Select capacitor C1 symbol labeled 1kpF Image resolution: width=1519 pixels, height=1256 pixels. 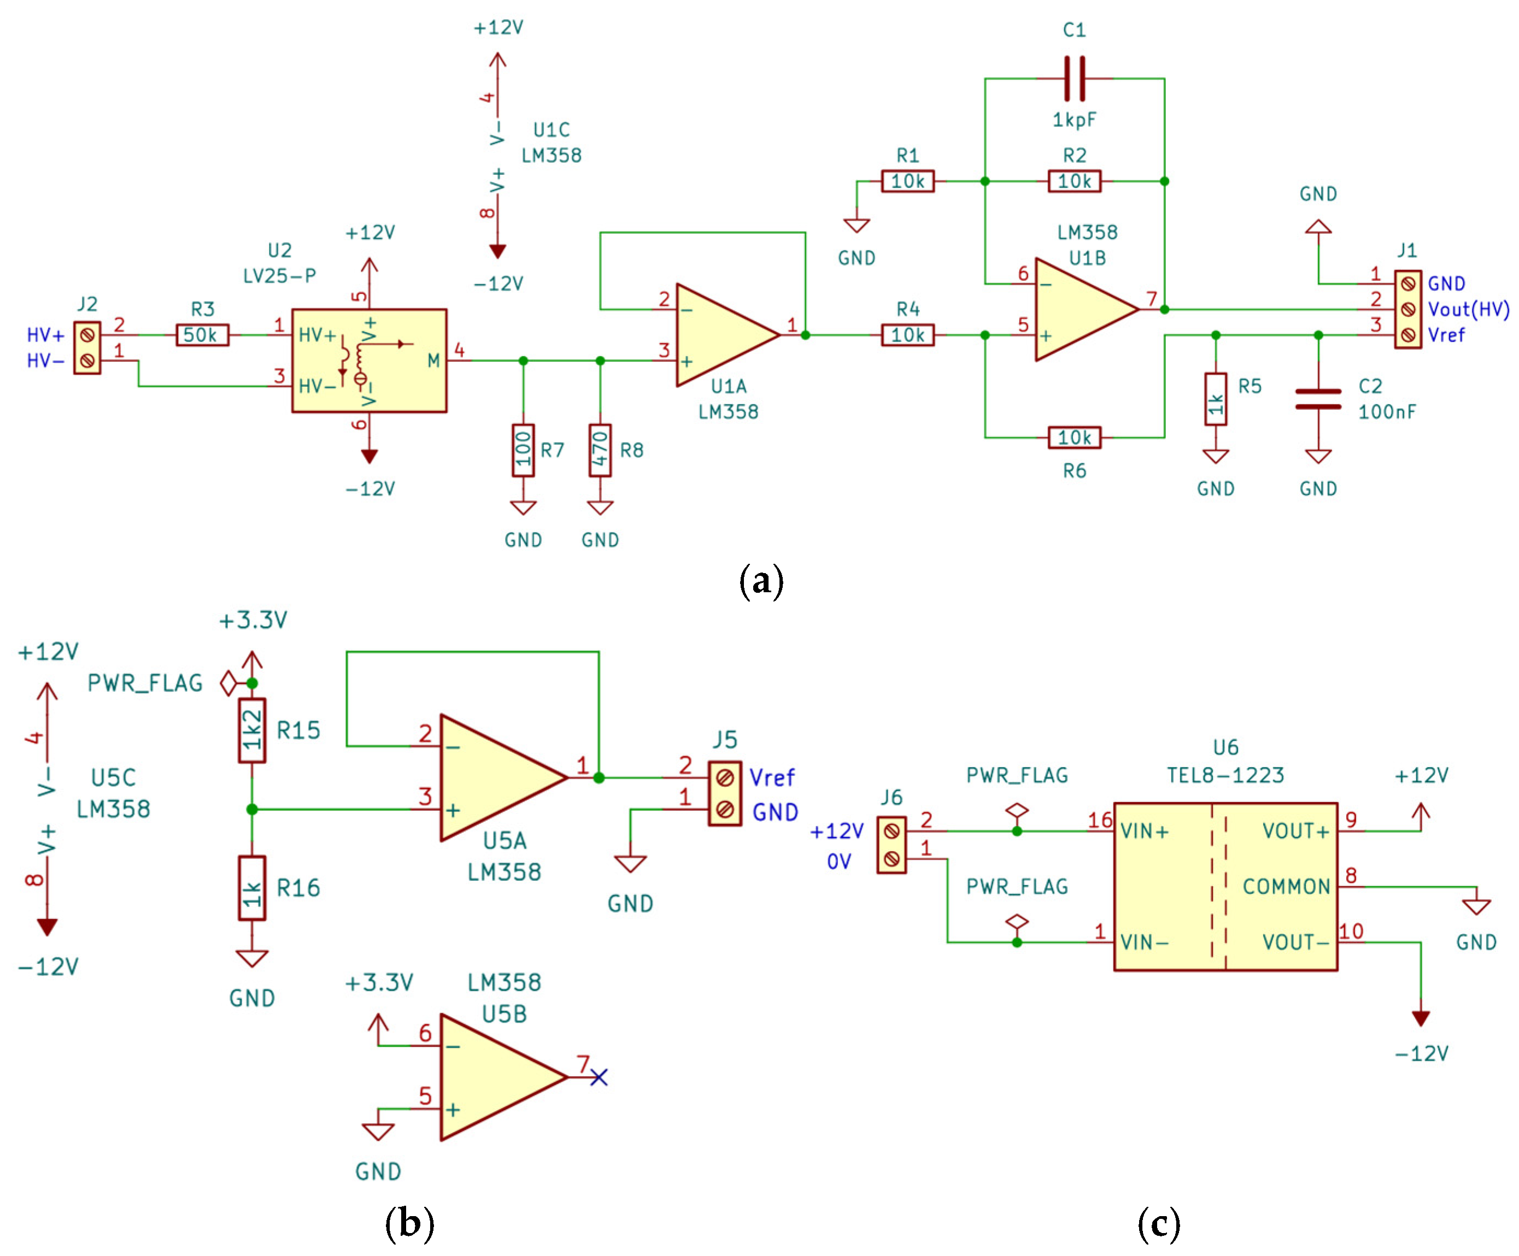point(1074,78)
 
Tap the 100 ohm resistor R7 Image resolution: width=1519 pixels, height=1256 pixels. point(523,450)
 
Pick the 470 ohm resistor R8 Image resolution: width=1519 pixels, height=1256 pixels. point(600,450)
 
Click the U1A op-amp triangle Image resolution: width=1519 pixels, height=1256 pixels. point(720,335)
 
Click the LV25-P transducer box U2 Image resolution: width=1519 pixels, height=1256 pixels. point(369,360)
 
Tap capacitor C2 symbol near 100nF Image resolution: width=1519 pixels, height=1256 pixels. point(1317,398)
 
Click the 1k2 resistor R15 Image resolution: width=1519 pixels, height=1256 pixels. point(252,730)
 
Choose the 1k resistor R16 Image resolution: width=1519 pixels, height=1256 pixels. point(252,888)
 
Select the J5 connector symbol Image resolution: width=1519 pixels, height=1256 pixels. point(724,793)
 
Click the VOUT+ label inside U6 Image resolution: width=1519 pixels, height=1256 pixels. point(1295,832)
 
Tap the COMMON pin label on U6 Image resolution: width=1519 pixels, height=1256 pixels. point(1286,887)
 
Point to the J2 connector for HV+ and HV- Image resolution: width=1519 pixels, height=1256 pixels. point(87,348)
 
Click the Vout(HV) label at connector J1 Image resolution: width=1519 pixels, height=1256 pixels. point(1468,309)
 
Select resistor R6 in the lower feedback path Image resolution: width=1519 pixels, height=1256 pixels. point(1074,438)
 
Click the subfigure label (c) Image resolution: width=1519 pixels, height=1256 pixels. point(1159,1223)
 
